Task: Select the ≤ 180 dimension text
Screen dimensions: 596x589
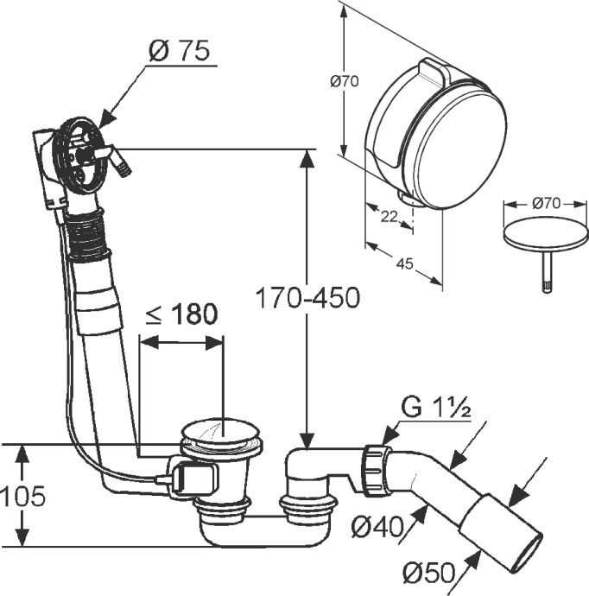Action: tap(180, 315)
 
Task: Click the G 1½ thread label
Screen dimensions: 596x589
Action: tap(435, 407)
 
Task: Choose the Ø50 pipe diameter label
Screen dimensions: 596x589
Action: tap(428, 573)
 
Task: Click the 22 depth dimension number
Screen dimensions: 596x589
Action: tap(389, 217)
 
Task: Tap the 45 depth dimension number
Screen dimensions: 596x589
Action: tap(402, 265)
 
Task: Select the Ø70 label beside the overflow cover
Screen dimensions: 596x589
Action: tap(345, 82)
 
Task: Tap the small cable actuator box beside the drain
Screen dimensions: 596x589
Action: tap(193, 478)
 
